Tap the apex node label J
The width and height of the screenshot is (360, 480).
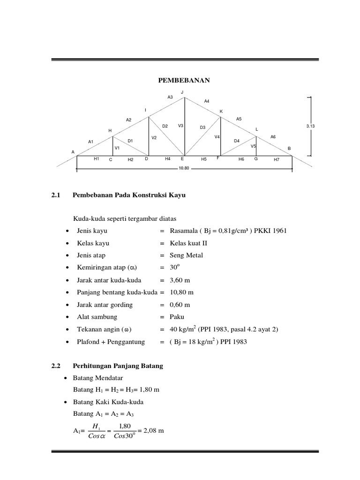[x=182, y=92]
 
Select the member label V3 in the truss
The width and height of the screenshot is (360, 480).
[x=180, y=126]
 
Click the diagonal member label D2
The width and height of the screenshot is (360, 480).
[x=165, y=126]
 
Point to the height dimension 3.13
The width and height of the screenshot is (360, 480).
[x=310, y=126]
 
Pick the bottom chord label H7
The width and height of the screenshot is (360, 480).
[x=276, y=159]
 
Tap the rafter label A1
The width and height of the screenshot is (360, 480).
[x=91, y=141]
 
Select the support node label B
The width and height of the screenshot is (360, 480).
[x=289, y=148]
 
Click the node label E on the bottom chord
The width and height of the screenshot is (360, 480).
[x=182, y=159]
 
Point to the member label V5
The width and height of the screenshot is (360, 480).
[x=253, y=146]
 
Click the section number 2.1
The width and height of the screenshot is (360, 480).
[x=56, y=195]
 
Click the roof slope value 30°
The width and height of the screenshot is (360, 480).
[x=174, y=267]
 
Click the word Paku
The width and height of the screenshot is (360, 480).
[x=177, y=317]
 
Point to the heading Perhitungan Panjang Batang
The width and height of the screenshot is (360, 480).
[x=118, y=366]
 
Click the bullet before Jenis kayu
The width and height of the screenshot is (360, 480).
[x=68, y=231]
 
